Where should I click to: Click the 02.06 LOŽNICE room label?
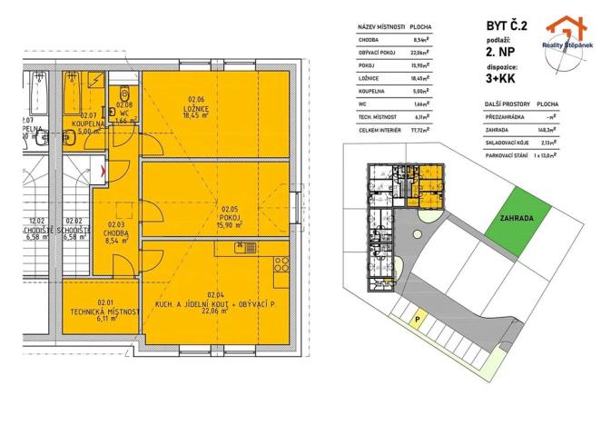click(x=198, y=109)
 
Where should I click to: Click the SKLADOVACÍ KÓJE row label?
click(x=507, y=143)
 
